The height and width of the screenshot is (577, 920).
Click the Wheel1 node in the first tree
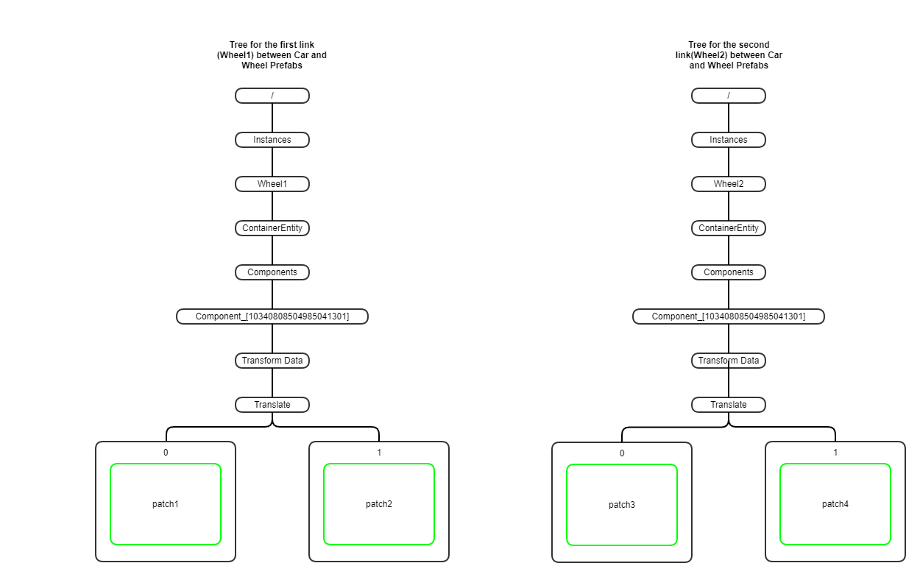(272, 184)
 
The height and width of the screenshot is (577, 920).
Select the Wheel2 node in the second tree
(729, 184)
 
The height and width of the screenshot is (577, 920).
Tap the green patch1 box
(166, 504)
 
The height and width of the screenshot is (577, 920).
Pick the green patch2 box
(379, 504)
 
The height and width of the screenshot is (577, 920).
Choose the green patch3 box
(622, 505)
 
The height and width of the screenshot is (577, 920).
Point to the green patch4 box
(835, 504)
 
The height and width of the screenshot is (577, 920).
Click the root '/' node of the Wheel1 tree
(272, 96)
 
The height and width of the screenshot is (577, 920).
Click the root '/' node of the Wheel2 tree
(729, 96)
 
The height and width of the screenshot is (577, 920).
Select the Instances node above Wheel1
(272, 140)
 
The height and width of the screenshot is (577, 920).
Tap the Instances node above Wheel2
(729, 140)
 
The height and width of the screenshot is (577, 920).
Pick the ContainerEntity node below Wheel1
(272, 228)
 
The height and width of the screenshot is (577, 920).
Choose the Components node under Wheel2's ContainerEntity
(729, 272)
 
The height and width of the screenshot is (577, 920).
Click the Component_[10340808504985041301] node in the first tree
(272, 316)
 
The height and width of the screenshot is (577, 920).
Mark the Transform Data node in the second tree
(729, 361)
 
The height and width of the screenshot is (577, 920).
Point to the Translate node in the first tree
(272, 405)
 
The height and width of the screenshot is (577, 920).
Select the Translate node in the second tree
(729, 405)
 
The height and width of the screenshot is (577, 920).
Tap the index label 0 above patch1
(166, 453)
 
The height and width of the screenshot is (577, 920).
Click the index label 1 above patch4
(835, 453)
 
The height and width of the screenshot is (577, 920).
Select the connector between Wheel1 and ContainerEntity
(272, 206)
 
